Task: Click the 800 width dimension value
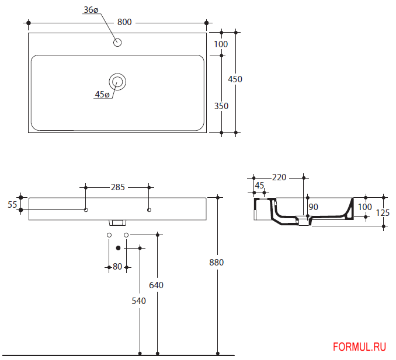[124, 22]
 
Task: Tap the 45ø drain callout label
[102, 95]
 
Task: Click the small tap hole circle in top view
[117, 42]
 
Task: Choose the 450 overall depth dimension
[235, 79]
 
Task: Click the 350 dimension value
[221, 106]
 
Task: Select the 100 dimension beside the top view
[221, 44]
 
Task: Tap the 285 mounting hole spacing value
[117, 187]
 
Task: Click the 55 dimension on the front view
[12, 204]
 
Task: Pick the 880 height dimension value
[217, 262]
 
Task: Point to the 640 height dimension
[157, 285]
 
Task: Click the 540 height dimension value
[139, 301]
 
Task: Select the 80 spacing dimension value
[117, 267]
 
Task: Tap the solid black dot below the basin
[118, 248]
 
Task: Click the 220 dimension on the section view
[279, 177]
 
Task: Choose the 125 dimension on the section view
[383, 213]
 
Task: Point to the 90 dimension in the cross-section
[314, 207]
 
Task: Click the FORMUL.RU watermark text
[359, 347]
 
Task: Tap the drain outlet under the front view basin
[117, 222]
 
